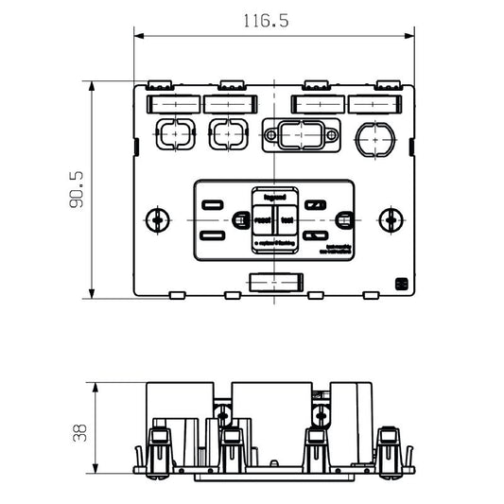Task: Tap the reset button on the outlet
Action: coord(262,219)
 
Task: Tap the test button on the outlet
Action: coord(286,219)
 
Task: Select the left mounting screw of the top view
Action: coord(156,219)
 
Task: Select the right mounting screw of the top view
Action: coord(390,219)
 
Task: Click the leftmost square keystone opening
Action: coord(169,134)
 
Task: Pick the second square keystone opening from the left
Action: coord(225,134)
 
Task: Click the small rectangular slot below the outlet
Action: coord(273,283)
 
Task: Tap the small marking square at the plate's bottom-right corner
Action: coord(401,284)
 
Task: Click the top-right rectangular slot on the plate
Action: coord(374,103)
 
